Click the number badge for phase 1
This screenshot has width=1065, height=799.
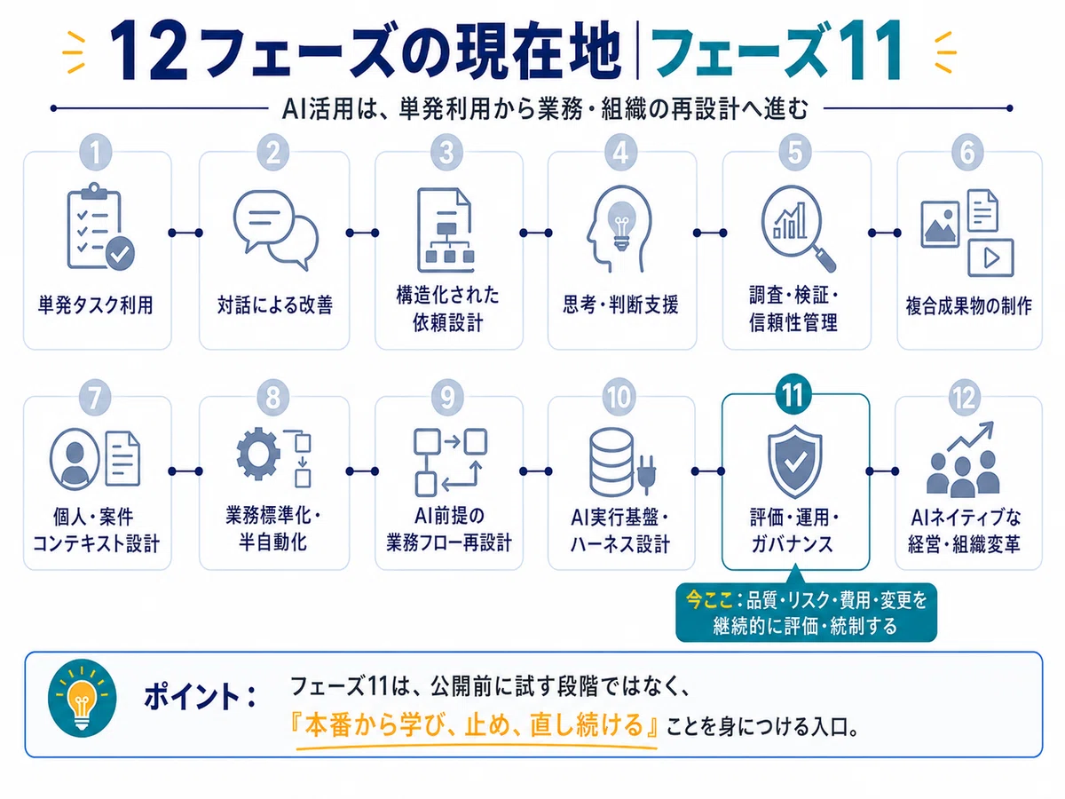pos(96,153)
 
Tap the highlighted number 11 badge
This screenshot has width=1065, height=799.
pos(793,394)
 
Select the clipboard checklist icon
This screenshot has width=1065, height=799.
pos(100,226)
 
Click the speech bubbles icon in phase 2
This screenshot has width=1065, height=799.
pos(276,230)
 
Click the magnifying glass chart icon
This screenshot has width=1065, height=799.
pos(798,227)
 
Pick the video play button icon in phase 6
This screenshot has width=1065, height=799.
pos(990,257)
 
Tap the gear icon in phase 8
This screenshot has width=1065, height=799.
pos(258,454)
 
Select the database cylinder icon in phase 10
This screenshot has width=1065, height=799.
pos(611,463)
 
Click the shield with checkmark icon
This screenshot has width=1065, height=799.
pos(794,462)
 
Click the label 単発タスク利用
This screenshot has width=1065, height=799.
pos(96,305)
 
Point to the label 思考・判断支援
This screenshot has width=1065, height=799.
pos(620,305)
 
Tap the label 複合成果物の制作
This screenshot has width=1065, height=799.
pos(968,306)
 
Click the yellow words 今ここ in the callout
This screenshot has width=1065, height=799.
pos(709,600)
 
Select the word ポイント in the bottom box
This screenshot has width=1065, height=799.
pos(192,697)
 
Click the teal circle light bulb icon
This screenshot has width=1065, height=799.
pos(83,699)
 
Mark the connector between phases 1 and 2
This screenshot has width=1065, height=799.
pos(185,233)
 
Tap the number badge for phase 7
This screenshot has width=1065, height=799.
pos(96,398)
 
